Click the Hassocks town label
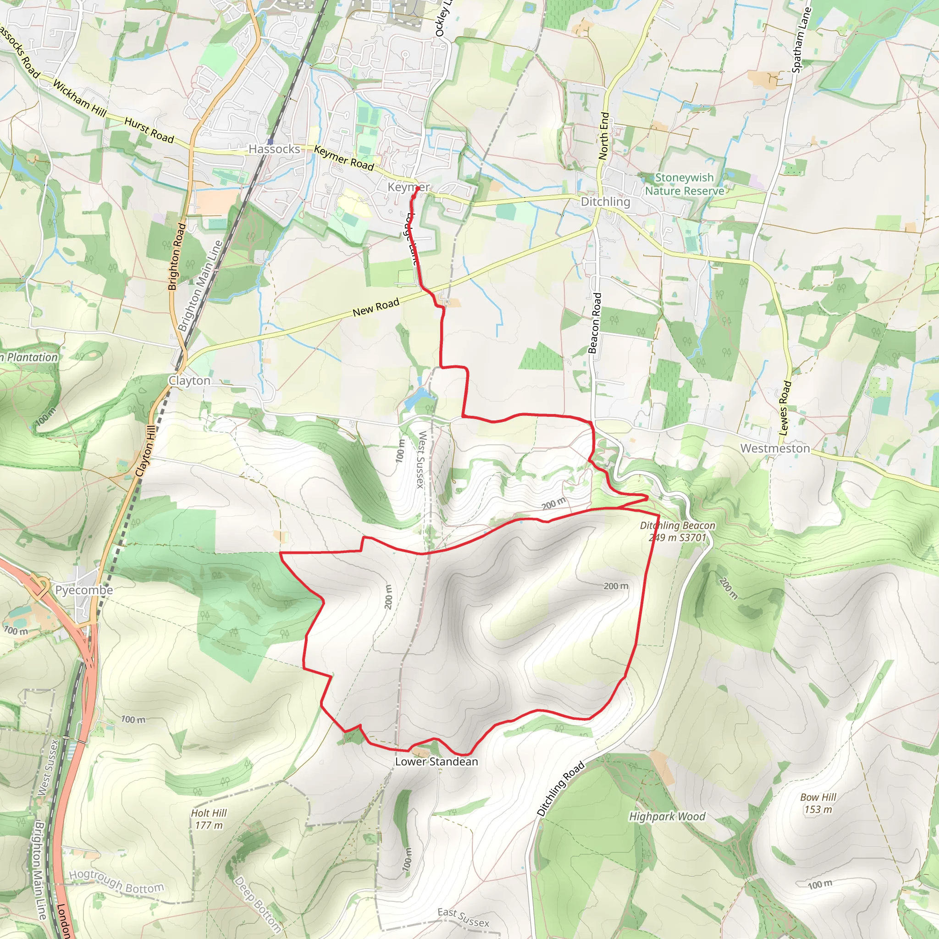274,149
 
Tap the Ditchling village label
605,202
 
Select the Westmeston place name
775,448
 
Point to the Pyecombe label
83,590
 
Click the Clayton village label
189,381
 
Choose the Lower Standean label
436,762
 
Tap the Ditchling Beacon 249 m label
677,531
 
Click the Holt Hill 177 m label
209,819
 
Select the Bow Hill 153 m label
818,803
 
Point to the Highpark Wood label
667,817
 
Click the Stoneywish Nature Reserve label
685,184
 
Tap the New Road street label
376,308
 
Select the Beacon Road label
594,323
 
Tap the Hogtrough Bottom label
116,882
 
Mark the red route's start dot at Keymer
417,188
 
